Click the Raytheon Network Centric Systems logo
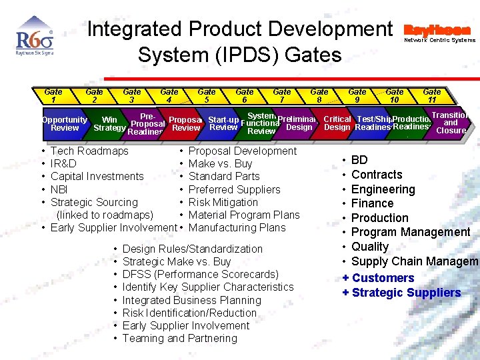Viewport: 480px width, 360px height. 440,34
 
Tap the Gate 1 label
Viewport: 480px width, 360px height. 53,96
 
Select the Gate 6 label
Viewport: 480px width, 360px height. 245,96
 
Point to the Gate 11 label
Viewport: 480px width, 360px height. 432,96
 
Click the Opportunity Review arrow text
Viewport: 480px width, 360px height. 65,124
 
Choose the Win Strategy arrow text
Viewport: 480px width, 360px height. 109,124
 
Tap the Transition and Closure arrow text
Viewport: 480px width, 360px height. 451,123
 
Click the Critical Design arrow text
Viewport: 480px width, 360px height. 337,123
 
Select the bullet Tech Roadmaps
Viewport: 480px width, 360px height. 89,151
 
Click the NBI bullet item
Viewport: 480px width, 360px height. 59,189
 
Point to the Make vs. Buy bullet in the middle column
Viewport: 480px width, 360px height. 220,164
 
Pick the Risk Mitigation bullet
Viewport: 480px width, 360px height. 223,202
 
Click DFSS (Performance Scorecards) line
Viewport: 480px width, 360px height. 200,274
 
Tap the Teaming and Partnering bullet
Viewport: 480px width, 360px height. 179,338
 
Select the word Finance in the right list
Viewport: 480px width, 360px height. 372,203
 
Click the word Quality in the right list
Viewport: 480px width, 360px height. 369,247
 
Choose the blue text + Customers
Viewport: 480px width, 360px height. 379,278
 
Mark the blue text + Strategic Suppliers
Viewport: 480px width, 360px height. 401,293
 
